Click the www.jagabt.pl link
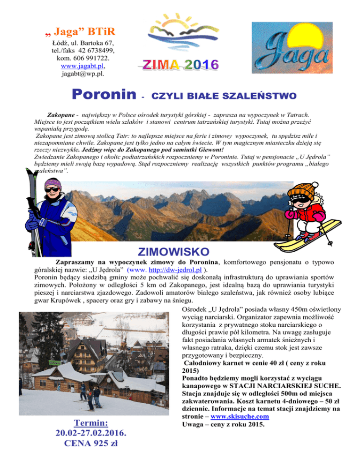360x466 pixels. (x=82, y=66)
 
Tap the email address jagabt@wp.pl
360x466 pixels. (x=83, y=73)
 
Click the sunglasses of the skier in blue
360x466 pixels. (x=52, y=192)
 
